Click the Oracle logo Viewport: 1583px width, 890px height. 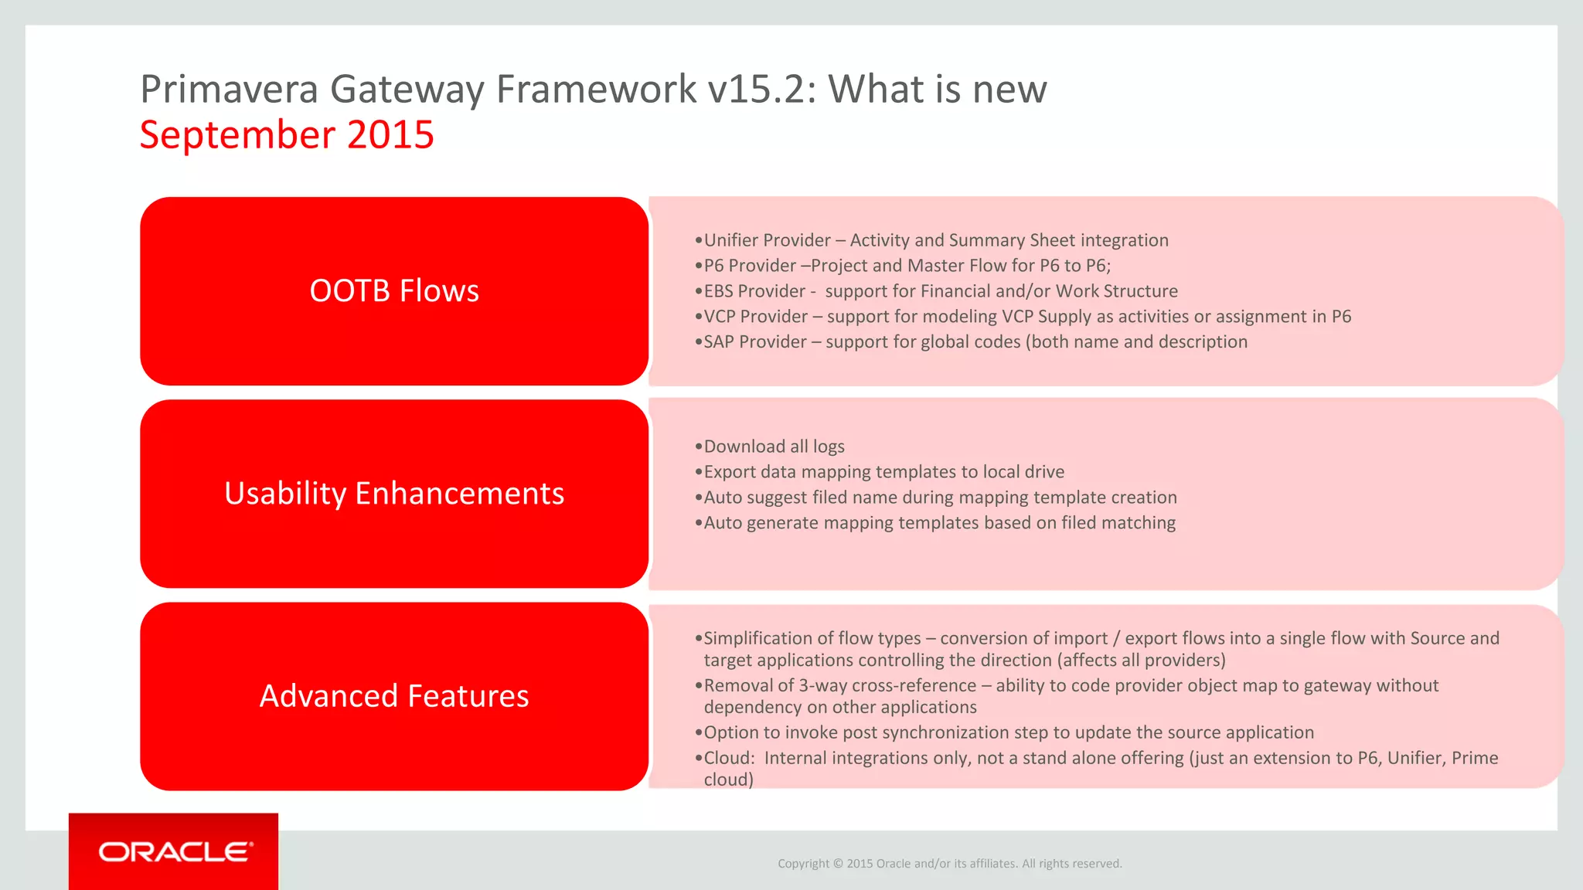pyautogui.click(x=175, y=852)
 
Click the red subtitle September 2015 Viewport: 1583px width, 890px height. pyautogui.click(x=287, y=135)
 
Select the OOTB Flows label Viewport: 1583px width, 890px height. pyautogui.click(x=394, y=291)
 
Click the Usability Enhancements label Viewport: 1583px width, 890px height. pyautogui.click(x=394, y=494)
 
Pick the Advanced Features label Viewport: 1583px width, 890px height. pyautogui.click(x=394, y=696)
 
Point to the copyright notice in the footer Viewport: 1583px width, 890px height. pyautogui.click(x=949, y=864)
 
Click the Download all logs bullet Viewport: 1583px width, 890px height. pyautogui.click(x=773, y=447)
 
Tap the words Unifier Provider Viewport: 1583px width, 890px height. pyautogui.click(x=767, y=240)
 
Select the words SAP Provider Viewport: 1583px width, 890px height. pyautogui.click(x=754, y=341)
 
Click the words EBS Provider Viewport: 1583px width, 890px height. pyautogui.click(x=754, y=291)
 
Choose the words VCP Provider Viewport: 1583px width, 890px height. pyautogui.click(x=755, y=317)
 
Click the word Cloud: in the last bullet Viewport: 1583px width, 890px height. pyautogui.click(x=728, y=758)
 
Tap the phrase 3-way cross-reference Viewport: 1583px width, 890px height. pyautogui.click(x=887, y=685)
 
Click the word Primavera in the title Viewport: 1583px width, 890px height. pyautogui.click(x=229, y=90)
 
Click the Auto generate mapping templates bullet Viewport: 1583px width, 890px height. pyautogui.click(x=938, y=523)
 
